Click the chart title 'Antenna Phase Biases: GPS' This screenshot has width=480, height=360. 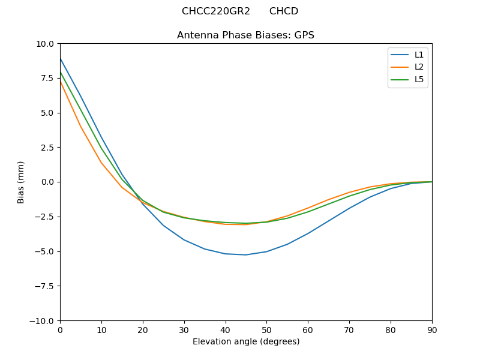[245, 35]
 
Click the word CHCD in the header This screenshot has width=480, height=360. [284, 11]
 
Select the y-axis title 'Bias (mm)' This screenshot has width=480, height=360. [21, 182]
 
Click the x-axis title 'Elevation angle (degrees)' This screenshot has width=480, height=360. [246, 342]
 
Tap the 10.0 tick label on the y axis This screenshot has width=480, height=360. [45, 44]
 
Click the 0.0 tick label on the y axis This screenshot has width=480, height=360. [47, 182]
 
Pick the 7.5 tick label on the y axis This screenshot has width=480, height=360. [47, 79]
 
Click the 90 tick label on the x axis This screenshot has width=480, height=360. [432, 330]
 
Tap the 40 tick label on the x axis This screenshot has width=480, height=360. [226, 330]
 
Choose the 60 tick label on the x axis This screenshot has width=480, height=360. [308, 330]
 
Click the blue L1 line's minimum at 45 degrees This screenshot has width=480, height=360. [246, 255]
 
